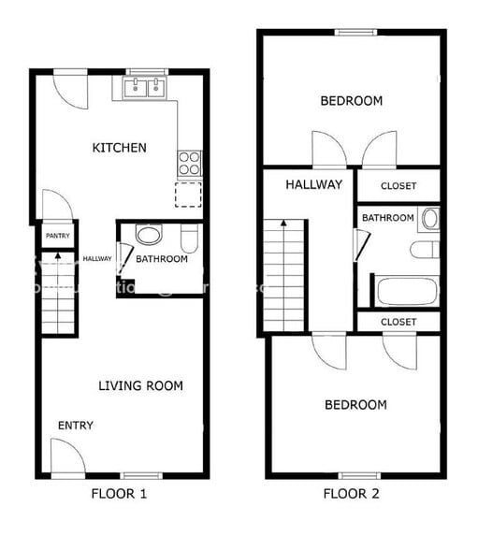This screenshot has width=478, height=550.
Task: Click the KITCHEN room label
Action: (119, 148)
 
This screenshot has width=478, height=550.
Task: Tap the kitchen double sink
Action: (145, 89)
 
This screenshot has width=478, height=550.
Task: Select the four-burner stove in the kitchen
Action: (189, 164)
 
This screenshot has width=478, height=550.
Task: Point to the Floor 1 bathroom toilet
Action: (189, 240)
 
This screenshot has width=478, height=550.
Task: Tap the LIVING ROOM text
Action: (141, 385)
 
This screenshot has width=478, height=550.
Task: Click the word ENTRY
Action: (76, 426)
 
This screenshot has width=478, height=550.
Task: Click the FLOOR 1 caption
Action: (119, 493)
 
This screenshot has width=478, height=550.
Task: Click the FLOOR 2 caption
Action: (352, 493)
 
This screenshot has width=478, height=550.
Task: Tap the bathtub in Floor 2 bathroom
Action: (406, 291)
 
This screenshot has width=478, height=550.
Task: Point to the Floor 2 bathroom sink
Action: (429, 219)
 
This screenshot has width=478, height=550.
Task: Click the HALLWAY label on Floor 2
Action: (313, 184)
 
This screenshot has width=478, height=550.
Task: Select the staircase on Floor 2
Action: (284, 274)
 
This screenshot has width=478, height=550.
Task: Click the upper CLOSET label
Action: (398, 186)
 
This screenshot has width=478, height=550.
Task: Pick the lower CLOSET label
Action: (398, 322)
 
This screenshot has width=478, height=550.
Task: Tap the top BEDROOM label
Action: (351, 101)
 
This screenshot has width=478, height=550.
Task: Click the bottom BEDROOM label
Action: (355, 405)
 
